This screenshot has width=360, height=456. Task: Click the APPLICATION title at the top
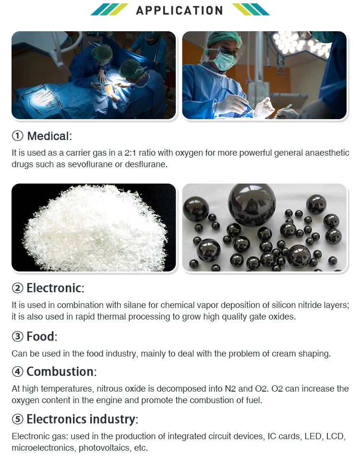point(180,10)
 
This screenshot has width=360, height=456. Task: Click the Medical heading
point(48,136)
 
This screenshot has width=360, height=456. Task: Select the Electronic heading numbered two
point(54,288)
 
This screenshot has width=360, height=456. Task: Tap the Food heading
point(41,336)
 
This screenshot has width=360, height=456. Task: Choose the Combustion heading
point(60,371)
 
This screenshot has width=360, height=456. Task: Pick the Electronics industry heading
point(81,419)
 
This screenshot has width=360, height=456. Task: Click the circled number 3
point(18,337)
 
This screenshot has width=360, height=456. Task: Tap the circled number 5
point(18,419)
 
